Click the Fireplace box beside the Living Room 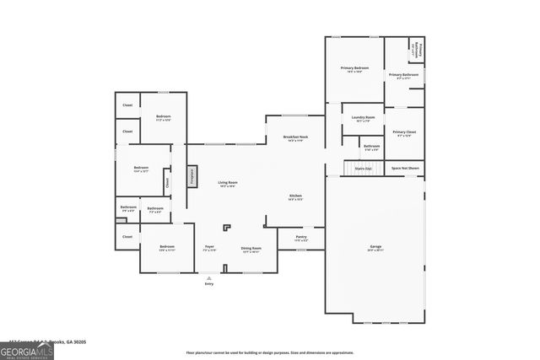(x=192, y=176)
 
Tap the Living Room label (x=227, y=184)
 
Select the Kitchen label (x=295, y=197)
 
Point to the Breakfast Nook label (x=294, y=138)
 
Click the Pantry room (x=301, y=239)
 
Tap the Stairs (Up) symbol (x=363, y=169)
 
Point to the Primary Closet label (x=404, y=133)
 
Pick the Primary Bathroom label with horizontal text (x=403, y=77)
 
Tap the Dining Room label (x=251, y=249)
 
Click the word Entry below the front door (x=209, y=284)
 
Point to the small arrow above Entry (x=209, y=277)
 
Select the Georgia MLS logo (x=26, y=350)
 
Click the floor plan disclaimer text (x=269, y=352)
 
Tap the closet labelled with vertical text (x=167, y=180)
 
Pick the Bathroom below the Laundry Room (x=371, y=148)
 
